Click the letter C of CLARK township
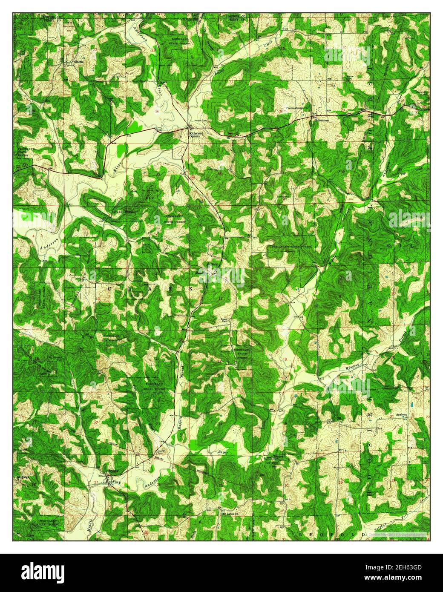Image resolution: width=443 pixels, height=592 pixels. coord(109,288)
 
